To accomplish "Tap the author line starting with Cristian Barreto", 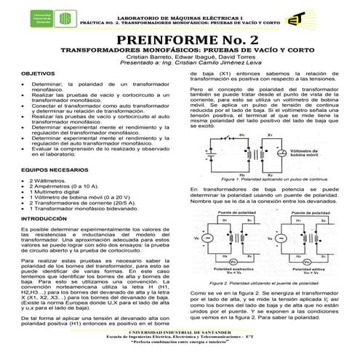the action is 180,57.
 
